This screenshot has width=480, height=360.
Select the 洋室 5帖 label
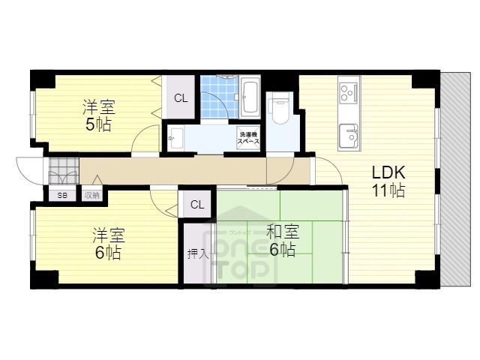[x=97, y=115]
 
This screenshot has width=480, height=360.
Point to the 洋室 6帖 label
[x=107, y=243]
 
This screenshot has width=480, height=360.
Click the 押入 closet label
[x=197, y=253]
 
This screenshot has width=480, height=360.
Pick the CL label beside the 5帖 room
[x=181, y=97]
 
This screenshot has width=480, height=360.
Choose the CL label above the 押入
[x=196, y=204]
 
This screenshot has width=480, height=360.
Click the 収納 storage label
[x=91, y=195]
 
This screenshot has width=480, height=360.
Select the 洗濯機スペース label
[x=248, y=137]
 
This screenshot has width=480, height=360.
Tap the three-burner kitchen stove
[x=349, y=92]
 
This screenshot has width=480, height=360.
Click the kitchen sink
[x=349, y=136]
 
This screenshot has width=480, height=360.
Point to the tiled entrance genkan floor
[x=63, y=172]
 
